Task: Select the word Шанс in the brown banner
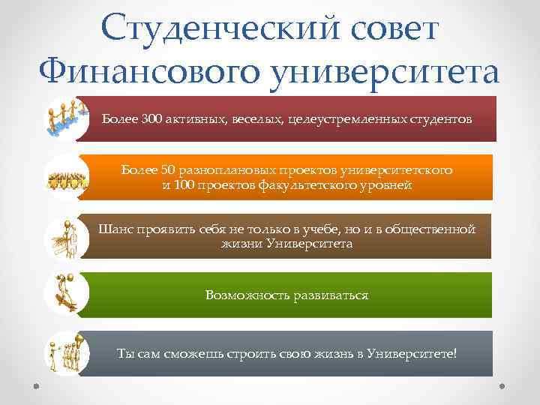pyautogui.click(x=113, y=229)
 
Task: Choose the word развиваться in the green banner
pyautogui.click(x=329, y=295)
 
